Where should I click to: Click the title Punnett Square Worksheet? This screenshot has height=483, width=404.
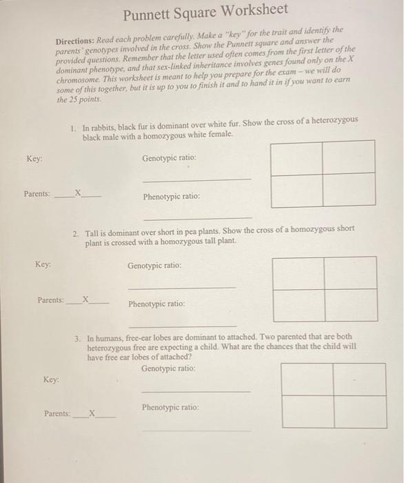[205, 11]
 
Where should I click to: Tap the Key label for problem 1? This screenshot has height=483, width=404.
[34, 159]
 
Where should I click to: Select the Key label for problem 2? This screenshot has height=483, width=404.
[43, 264]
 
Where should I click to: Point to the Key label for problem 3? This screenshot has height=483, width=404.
[51, 379]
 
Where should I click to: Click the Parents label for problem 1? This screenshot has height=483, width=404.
[37, 194]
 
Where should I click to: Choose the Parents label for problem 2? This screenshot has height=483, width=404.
[50, 300]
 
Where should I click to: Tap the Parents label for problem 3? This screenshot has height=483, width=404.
[57, 413]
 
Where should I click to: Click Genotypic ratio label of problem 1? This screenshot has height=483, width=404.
[169, 158]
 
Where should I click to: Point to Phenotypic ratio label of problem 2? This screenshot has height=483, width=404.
[156, 304]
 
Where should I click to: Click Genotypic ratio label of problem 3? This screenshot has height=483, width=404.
[168, 369]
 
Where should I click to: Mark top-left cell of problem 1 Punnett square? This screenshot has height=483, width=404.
[296, 157]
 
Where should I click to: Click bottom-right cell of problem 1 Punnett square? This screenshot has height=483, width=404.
[349, 190]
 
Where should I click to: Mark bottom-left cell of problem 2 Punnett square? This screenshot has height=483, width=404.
[299, 304]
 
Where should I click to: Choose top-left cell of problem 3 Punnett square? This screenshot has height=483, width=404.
[307, 379]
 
